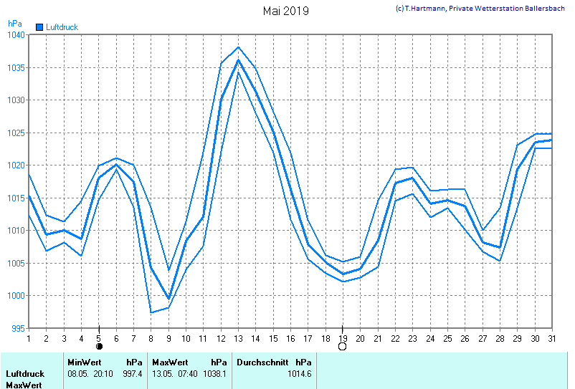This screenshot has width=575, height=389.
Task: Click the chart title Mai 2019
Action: pyautogui.click(x=285, y=11)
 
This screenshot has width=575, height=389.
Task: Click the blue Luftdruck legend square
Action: pyautogui.click(x=39, y=27)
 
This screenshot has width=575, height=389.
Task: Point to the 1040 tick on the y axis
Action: pyautogui.click(x=16, y=35)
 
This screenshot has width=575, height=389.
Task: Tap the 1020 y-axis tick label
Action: pyautogui.click(x=16, y=165)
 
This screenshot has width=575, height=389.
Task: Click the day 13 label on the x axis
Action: pyautogui.click(x=238, y=337)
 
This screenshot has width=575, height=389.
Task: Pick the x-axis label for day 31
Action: pyautogui.click(x=551, y=337)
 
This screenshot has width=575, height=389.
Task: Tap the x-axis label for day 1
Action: pyautogui.click(x=29, y=337)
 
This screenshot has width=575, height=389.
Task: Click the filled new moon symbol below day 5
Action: pyautogui.click(x=99, y=347)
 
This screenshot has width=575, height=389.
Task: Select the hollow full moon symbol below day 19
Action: pyautogui.click(x=343, y=347)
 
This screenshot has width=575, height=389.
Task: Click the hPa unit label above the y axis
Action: pyautogui.click(x=15, y=24)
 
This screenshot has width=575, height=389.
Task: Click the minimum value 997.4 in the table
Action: pyautogui.click(x=133, y=373)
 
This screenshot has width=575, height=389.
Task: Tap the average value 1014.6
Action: pyautogui.click(x=299, y=373)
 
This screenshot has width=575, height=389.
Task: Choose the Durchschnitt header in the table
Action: pyautogui.click(x=262, y=362)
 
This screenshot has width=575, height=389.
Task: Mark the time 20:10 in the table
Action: pyautogui.click(x=103, y=373)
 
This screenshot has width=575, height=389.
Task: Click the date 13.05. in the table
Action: pyautogui.click(x=163, y=373)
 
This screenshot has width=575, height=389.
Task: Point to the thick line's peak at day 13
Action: pyautogui.click(x=238, y=59)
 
